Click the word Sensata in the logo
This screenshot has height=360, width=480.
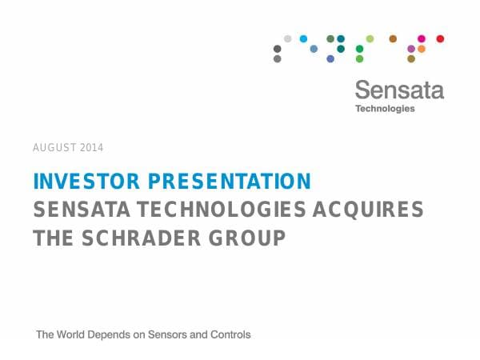click(x=398, y=90)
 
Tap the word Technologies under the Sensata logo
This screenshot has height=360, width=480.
click(x=385, y=109)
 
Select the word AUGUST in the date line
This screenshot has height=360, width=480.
click(x=53, y=148)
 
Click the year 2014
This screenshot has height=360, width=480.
click(x=91, y=148)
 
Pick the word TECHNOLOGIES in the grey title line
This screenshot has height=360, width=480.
click(x=222, y=210)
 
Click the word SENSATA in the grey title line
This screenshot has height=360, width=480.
click(x=82, y=210)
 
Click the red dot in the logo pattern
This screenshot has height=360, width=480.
click(x=440, y=38)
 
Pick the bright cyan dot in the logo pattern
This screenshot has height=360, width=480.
click(x=303, y=38)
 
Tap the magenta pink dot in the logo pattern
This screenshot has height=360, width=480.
click(x=422, y=38)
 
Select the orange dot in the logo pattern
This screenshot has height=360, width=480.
click(x=422, y=49)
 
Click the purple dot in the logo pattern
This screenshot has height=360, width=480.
click(x=411, y=49)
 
